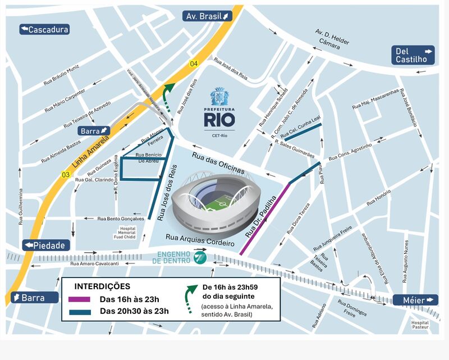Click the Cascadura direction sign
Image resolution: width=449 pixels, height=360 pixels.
[44, 29]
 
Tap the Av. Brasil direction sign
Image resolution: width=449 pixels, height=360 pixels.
[208, 16]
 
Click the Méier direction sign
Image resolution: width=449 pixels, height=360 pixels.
[416, 300]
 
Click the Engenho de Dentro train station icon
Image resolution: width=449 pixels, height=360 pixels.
[199, 257]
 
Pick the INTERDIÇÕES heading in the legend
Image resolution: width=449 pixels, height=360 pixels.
[99, 286]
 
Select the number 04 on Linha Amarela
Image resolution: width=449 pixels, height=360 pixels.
[194, 63]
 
